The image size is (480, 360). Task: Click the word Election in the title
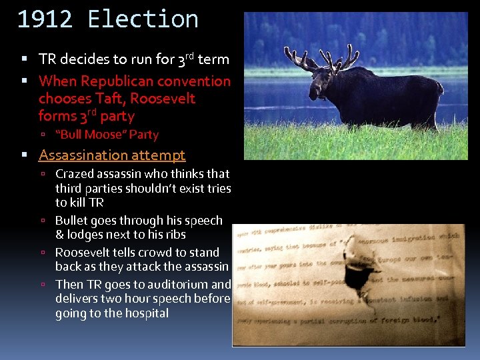(143, 19)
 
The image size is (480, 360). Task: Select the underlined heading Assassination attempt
(112, 155)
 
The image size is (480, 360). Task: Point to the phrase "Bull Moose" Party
(107, 135)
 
